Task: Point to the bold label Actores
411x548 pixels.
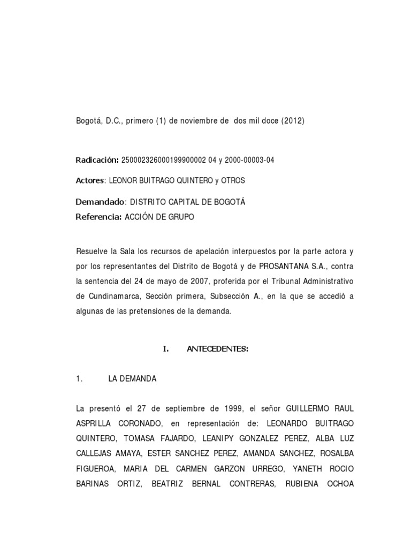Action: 90,180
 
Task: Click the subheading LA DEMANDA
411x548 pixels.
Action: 132,378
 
